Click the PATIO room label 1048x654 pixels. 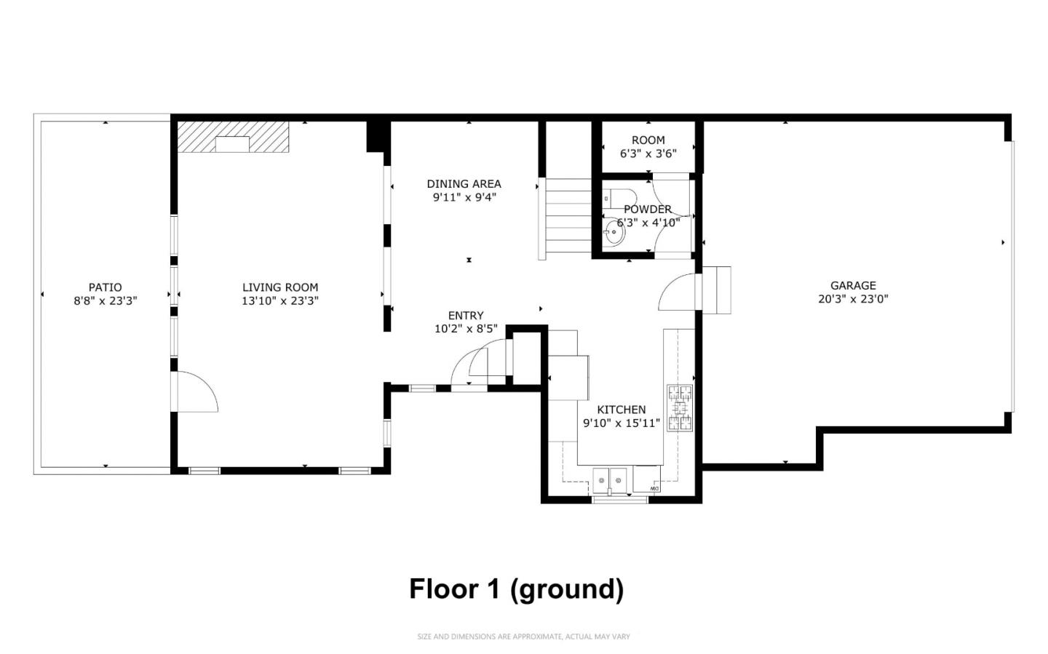105,287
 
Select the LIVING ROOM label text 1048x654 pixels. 280,287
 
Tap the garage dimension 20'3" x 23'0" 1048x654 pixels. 853,298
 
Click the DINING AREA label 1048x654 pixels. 464,184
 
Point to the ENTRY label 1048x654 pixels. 466,316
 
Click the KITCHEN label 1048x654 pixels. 622,410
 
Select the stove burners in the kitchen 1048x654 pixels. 680,408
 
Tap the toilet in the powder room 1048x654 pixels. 620,198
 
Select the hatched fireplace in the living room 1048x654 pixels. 233,137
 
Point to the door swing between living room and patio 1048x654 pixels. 195,393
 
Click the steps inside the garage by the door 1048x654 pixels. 716,290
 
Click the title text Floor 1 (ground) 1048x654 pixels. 516,589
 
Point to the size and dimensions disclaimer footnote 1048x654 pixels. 523,637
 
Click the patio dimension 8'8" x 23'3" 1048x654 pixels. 105,300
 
